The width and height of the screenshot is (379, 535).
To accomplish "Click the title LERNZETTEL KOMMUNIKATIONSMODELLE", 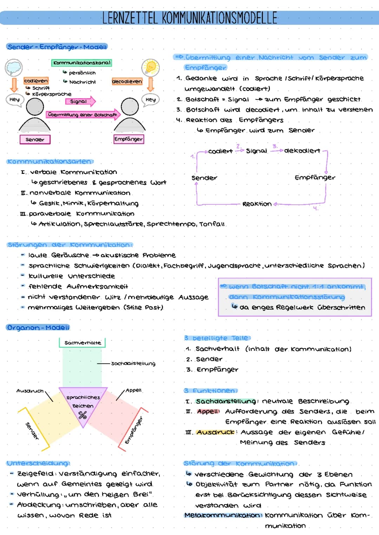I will (x=189, y=18).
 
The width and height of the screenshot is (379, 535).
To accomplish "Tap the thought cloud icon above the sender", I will (x=14, y=67).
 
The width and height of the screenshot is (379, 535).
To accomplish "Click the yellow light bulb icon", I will (x=151, y=67).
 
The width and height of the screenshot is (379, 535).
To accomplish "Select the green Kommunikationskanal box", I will (x=82, y=63).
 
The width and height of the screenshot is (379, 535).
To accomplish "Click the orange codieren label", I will (x=36, y=81).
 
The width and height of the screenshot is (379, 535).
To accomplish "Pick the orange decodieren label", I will (x=127, y=81).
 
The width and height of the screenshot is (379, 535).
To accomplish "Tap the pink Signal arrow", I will (x=80, y=101).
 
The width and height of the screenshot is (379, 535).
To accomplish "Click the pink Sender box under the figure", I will (x=35, y=140).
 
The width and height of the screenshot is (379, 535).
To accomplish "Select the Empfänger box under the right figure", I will (x=128, y=139).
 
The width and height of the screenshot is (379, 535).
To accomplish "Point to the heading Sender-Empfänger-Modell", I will (x=57, y=47).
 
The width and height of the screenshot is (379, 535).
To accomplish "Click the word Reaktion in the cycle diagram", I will (x=257, y=204).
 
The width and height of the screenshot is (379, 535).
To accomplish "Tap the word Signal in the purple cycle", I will (x=256, y=151).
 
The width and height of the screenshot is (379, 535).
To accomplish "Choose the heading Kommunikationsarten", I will (x=50, y=162).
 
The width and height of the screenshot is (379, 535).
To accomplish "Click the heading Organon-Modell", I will (x=38, y=327).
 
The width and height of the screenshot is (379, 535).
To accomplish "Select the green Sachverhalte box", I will (x=82, y=343).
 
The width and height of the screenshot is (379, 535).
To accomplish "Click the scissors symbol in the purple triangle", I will (x=82, y=416).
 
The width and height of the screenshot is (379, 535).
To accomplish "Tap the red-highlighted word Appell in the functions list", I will (x=208, y=411).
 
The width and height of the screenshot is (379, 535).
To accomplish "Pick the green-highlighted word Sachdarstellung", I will (x=226, y=401).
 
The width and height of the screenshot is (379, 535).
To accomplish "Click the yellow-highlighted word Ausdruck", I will (x=215, y=432).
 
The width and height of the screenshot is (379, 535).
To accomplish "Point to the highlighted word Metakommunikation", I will (x=223, y=515).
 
